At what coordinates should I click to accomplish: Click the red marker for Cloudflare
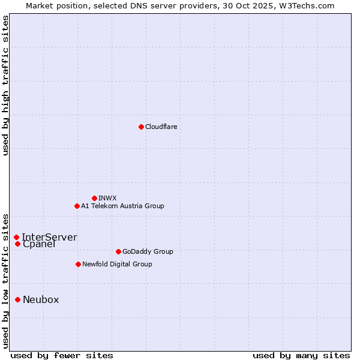[x=141, y=127]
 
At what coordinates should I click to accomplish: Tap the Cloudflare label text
[x=161, y=127]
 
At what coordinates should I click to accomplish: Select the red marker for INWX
[x=94, y=198]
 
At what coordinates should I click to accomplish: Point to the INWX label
[x=107, y=198]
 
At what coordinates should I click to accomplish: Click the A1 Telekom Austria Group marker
[x=77, y=206]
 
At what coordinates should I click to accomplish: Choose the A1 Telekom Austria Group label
[x=122, y=206]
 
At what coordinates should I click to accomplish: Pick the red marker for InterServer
[x=16, y=237]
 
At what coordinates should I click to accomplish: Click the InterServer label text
[x=49, y=237]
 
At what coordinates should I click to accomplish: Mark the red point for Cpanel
[x=17, y=244]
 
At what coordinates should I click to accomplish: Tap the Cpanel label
[x=39, y=244]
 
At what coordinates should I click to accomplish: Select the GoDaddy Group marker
[x=118, y=251]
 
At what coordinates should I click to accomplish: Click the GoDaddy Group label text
[x=148, y=251]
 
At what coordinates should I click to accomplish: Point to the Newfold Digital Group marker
[x=78, y=264]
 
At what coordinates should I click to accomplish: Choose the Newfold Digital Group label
[x=117, y=264]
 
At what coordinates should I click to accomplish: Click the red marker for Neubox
[x=17, y=299]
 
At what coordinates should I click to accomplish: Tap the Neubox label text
[x=41, y=299]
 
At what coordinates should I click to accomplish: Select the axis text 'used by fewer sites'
[x=62, y=355]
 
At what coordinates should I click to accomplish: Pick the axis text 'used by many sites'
[x=301, y=355]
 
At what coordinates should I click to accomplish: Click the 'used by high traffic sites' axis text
[x=5, y=85]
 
